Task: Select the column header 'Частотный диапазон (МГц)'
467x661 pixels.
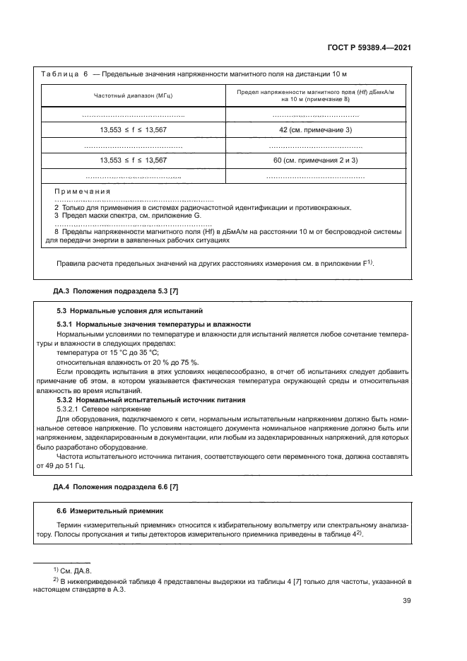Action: click(134, 95)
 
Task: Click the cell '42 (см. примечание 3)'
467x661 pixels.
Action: click(316, 130)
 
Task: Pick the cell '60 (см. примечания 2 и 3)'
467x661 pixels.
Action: click(316, 160)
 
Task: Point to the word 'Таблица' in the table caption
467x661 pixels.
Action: click(64, 74)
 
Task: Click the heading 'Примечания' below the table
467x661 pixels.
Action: click(83, 192)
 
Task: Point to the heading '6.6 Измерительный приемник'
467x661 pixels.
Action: click(108, 510)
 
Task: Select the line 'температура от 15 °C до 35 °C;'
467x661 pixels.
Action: click(107, 351)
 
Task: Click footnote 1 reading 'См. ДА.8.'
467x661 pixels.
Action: click(68, 568)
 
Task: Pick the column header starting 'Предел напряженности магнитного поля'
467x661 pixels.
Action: click(316, 95)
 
